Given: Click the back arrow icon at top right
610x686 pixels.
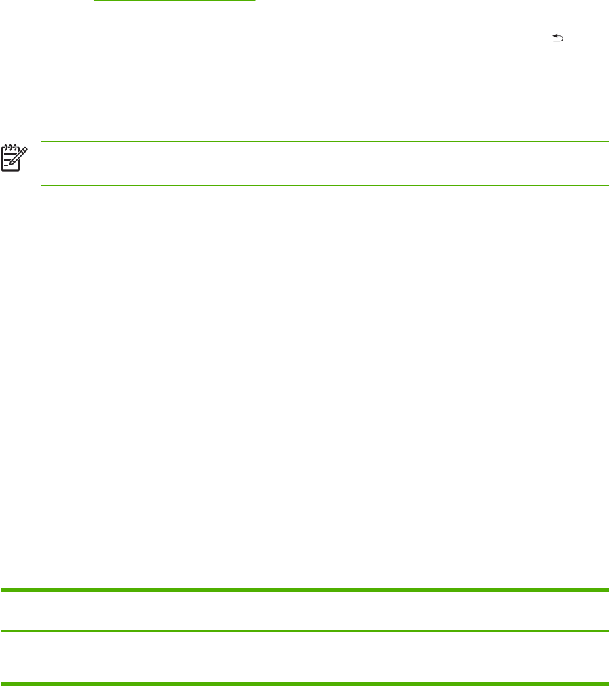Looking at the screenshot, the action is [559, 40].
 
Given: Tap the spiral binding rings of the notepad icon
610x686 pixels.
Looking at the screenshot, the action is [9, 145].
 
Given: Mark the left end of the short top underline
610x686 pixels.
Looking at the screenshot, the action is [94, 1].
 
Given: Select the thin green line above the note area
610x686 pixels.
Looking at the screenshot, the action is [325, 142].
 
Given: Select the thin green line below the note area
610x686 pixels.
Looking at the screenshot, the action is [325, 185].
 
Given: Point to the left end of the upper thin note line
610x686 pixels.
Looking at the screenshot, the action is [42, 142].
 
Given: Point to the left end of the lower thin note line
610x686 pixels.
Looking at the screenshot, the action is [42, 185].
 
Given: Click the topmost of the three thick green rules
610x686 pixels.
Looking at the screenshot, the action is [305, 590].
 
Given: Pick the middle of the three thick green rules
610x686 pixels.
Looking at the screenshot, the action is [305, 632].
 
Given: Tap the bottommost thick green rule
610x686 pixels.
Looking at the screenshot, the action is [305, 683].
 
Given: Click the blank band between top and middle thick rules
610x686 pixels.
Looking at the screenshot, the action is [305, 611].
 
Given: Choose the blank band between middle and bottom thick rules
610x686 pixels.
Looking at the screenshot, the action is [305, 657].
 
